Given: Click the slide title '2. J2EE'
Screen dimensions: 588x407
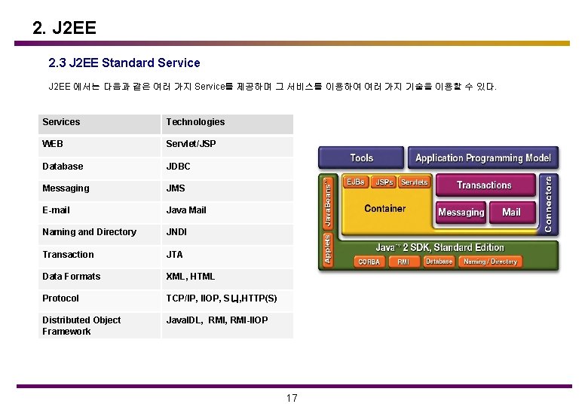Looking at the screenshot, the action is (x=65, y=29).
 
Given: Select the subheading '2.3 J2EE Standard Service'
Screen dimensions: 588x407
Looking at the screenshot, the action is (x=124, y=63).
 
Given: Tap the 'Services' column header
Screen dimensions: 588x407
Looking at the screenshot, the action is (x=61, y=122).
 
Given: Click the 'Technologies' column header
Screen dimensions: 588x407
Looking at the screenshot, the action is (x=195, y=122).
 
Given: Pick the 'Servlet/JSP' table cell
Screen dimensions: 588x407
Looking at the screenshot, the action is (x=191, y=144).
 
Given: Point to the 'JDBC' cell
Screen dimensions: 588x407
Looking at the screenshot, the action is (x=178, y=166).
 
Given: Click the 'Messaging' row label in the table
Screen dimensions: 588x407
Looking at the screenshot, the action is (x=66, y=188).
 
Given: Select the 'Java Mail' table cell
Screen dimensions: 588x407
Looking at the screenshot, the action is (x=186, y=210).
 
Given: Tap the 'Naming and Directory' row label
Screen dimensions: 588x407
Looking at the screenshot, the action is (x=89, y=232).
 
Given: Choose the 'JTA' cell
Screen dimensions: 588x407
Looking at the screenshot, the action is (x=174, y=255).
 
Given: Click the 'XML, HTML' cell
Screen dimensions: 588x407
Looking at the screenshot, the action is (x=190, y=277).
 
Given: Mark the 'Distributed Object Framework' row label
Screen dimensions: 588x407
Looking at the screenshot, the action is (x=81, y=326).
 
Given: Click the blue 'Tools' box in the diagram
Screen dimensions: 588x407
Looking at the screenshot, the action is (x=362, y=158).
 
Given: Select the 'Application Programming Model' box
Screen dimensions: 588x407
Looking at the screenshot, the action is (x=483, y=158).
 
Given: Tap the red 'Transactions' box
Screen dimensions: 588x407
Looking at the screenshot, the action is (x=484, y=185).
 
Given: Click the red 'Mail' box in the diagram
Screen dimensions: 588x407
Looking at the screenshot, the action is (x=511, y=213).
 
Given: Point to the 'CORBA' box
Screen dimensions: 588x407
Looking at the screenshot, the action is (x=369, y=262).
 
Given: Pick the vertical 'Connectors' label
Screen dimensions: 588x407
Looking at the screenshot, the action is (x=548, y=203).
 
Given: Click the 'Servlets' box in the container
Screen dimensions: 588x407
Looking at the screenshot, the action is (x=414, y=182).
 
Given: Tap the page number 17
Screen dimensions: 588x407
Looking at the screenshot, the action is (x=292, y=398).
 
